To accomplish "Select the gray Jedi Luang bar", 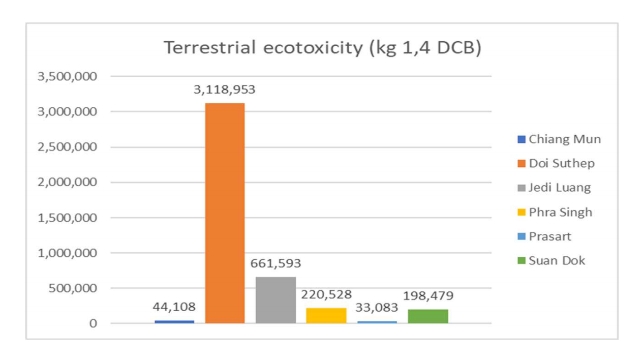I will (x=275, y=300).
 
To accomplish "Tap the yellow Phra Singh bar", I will (x=326, y=315).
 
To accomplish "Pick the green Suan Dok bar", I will (x=427, y=316).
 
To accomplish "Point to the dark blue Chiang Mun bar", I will (x=174, y=321).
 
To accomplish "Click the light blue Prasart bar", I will (x=377, y=322).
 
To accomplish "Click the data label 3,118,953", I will (x=224, y=90).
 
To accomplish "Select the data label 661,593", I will (x=275, y=263).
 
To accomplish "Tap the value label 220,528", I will (x=326, y=295).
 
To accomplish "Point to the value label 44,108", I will (x=174, y=307).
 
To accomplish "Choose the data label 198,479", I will (x=427, y=296).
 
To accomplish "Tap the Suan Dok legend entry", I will (x=550, y=261).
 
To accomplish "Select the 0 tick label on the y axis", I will (x=93, y=323).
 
